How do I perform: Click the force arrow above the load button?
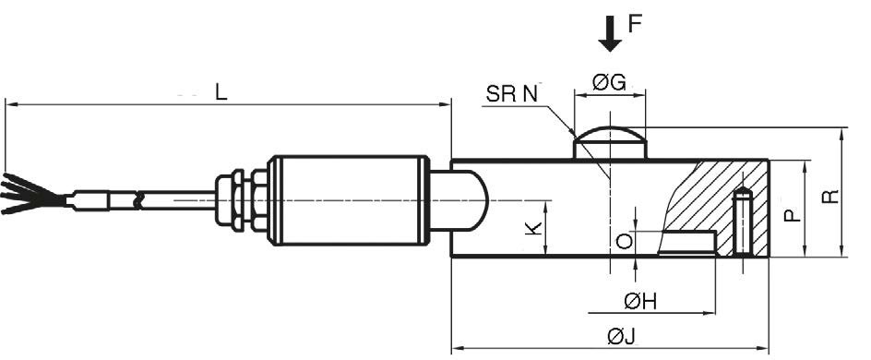pos(610,34)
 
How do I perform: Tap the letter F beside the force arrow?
pos(635,24)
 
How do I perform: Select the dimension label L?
pos(221,92)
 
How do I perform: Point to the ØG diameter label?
pos(609,83)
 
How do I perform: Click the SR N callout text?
pos(511,94)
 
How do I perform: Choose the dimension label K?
pos(533,228)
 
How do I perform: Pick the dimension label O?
pos(625,241)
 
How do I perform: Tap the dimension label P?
pos(793,214)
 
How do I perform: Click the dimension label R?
pos(829,196)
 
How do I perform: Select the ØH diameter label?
pos(640,302)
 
